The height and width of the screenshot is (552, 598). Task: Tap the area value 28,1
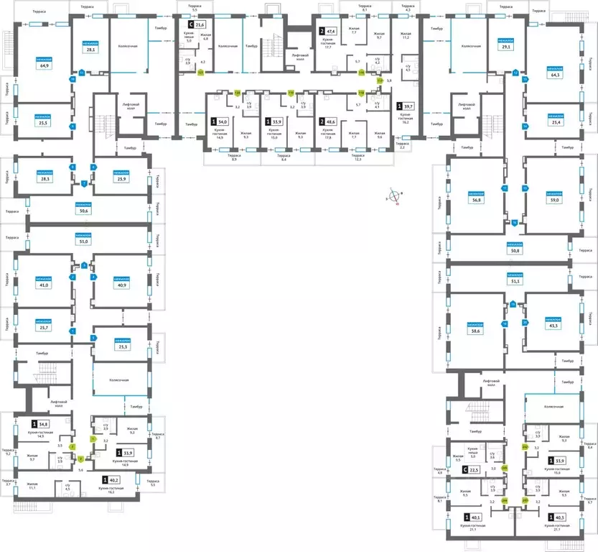91,50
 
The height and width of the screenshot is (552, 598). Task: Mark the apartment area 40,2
113,480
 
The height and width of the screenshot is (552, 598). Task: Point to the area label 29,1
506,47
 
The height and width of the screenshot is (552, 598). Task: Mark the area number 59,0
552,201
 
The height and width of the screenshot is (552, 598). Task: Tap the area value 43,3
553,326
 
